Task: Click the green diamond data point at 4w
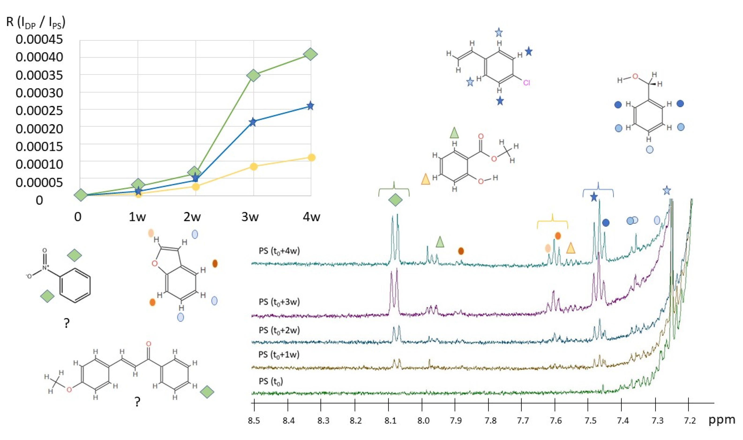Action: (310, 54)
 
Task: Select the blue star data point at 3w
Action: (252, 122)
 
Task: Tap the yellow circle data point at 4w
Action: (311, 158)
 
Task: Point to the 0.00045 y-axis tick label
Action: (39, 39)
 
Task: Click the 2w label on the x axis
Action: (192, 217)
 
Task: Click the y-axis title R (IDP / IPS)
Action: (36, 23)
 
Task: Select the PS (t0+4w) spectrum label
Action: (279, 251)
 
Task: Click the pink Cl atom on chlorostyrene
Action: (526, 83)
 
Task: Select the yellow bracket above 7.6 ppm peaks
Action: (552, 222)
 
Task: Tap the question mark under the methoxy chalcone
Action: (137, 402)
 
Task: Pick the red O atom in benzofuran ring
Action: (154, 263)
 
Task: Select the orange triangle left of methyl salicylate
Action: (426, 179)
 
